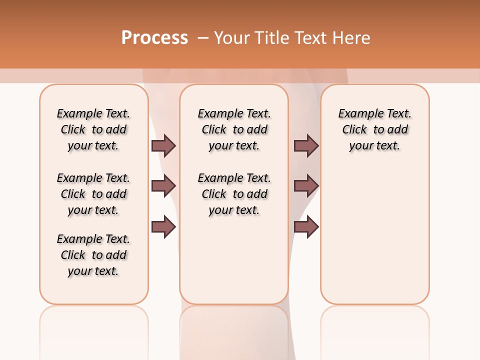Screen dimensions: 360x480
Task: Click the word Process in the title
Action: click(154, 37)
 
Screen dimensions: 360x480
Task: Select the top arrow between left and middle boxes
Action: click(163, 145)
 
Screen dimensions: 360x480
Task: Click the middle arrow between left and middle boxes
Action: click(163, 186)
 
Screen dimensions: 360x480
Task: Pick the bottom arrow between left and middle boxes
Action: click(163, 227)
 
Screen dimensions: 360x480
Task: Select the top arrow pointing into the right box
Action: click(306, 145)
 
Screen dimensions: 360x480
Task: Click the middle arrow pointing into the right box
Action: click(306, 186)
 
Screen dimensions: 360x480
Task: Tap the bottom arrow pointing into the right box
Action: click(306, 227)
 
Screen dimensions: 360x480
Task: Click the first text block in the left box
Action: click(93, 129)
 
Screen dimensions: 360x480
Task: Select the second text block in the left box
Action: click(93, 194)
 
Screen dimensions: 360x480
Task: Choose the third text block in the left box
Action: click(93, 255)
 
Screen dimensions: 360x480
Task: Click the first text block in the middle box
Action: click(234, 129)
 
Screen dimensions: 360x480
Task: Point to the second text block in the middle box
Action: click(234, 194)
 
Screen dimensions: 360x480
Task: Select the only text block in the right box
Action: click(374, 129)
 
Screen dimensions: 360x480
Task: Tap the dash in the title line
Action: click(203, 37)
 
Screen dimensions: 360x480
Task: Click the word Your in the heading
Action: click(232, 37)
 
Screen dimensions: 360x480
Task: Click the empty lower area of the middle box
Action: click(234, 260)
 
